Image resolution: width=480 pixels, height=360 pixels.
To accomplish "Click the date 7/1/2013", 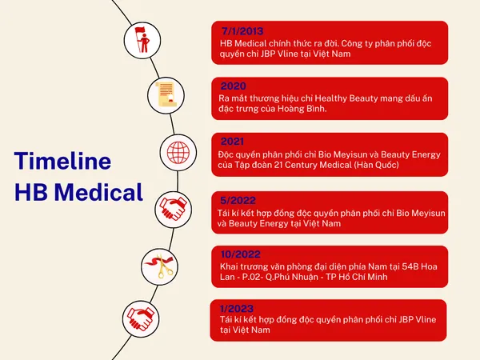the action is coord(242,31).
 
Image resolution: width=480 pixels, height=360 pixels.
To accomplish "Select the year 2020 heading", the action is coord(234,86).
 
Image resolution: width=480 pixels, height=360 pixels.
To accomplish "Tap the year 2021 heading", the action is coord(232,142).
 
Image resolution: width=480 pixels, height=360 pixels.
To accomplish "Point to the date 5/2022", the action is coord(238,200).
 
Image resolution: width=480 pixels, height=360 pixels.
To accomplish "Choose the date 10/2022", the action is coord(241,254).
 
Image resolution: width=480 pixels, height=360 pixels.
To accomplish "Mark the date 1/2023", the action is coord(237,308).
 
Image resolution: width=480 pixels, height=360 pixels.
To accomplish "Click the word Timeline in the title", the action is coord(62,161).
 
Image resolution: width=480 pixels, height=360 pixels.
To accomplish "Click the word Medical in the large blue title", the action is coord(98,192).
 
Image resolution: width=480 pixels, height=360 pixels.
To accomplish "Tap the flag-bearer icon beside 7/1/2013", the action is coord(142,40).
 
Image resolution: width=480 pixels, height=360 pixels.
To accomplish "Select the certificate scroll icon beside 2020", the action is coord(166,95).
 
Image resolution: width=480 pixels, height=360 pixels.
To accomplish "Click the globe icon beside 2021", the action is coord(178,153).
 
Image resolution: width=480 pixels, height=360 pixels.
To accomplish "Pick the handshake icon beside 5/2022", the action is coord(174,209).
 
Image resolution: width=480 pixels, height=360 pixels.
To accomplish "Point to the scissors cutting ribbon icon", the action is coord(159,266).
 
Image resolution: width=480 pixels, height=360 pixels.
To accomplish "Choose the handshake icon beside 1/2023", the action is coord(141,318).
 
